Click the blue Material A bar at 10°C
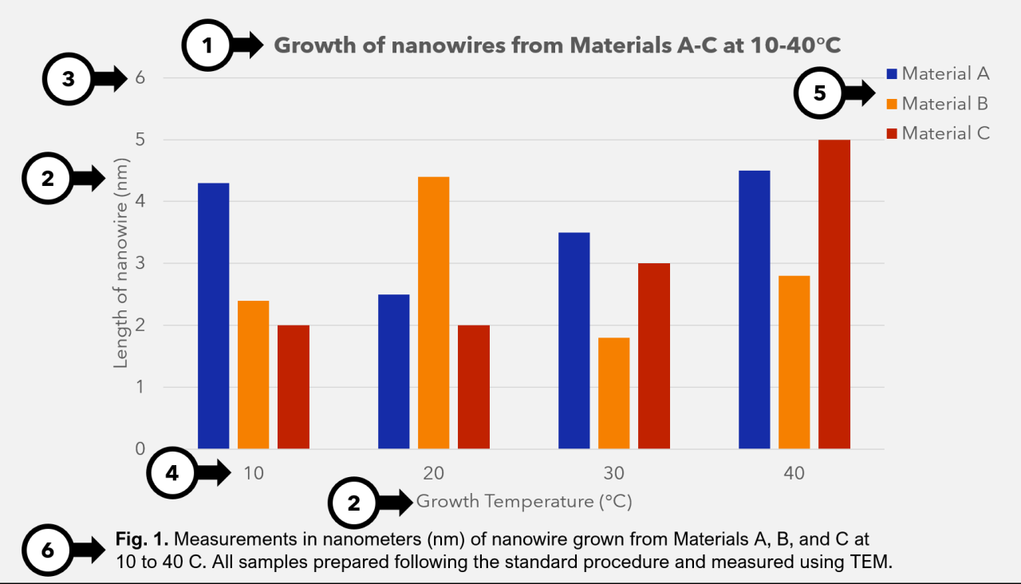pos(213,316)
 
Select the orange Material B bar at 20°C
pos(433,313)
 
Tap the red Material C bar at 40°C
pos(834,294)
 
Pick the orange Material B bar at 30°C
pos(613,393)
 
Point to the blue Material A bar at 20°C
pos(393,372)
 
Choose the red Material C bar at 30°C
pos(654,356)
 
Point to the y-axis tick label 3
pos(140,264)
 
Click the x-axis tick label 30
pos(613,473)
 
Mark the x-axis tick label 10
pos(253,473)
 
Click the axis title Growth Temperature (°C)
pos(524,502)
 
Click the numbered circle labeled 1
pos(207,45)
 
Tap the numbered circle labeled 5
pos(819,93)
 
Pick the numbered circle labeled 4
pos(173,473)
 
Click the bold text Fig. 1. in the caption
pos(139,540)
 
